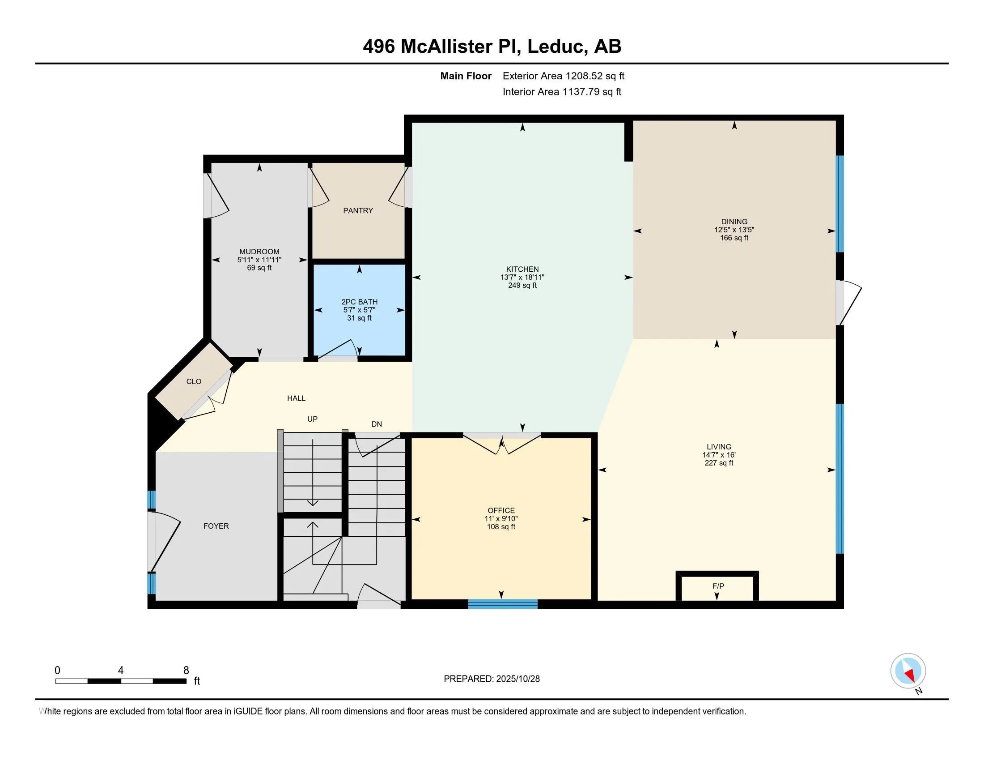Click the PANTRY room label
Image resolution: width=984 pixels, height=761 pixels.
click(358, 210)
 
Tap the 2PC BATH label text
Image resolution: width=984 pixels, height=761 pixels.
click(359, 302)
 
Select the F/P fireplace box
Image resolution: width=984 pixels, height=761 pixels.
click(718, 586)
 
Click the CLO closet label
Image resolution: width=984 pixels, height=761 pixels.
click(194, 381)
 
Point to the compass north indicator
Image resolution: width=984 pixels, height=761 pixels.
click(908, 671)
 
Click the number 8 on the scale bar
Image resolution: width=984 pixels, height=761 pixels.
click(186, 671)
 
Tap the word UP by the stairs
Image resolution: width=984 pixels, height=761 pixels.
click(312, 419)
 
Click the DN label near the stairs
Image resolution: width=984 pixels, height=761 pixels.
click(377, 424)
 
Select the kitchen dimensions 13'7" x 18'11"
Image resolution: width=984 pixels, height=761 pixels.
click(522, 277)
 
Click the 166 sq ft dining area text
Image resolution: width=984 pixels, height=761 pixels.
click(734, 238)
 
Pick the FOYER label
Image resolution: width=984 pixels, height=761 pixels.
click(216, 526)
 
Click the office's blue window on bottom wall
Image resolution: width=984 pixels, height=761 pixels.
click(503, 604)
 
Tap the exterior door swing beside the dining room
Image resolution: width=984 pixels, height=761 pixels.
click(850, 302)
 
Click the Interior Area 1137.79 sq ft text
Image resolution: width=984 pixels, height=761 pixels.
click(562, 91)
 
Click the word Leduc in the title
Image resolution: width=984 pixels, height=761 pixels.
click(557, 47)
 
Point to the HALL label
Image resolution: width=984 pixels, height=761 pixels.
click(296, 398)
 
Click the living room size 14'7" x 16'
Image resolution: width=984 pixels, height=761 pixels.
click(719, 455)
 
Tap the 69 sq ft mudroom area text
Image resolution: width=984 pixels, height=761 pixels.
click(259, 268)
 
